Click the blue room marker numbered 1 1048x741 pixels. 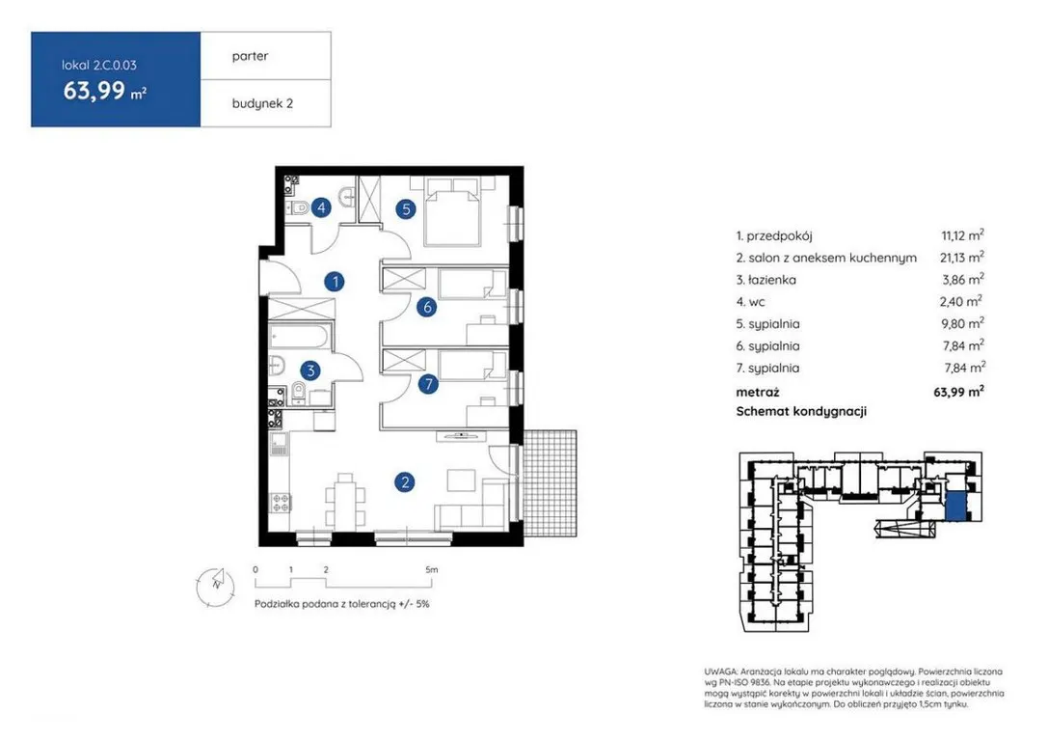click(x=335, y=282)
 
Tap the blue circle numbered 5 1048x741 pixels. click(x=406, y=209)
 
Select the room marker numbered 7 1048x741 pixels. click(x=428, y=384)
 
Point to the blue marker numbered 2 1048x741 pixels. click(x=404, y=481)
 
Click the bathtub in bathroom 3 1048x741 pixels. click(x=300, y=337)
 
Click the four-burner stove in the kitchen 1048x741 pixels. click(x=280, y=503)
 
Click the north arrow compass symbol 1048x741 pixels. click(x=216, y=585)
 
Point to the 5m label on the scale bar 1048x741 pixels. click(x=432, y=570)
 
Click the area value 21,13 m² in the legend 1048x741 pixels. click(x=962, y=258)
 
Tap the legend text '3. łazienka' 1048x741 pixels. click(x=766, y=280)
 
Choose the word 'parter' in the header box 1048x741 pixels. click(x=250, y=56)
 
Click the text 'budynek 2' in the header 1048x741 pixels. click(x=262, y=103)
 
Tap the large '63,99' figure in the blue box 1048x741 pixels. click(x=94, y=90)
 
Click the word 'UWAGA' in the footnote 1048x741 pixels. click(x=720, y=672)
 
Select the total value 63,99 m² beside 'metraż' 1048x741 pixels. click(x=959, y=392)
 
